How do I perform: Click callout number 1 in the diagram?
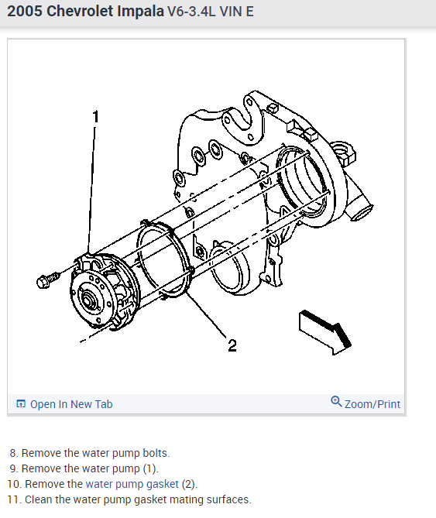coord(96,117)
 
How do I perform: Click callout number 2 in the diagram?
coord(232,345)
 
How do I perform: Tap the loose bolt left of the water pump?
coord(48,280)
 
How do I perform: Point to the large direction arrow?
coord(324,332)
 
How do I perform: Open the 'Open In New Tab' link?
coord(71,404)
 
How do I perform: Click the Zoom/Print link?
coord(372,404)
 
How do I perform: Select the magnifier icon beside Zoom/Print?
coord(336,401)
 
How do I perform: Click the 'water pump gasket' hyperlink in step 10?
coord(132,484)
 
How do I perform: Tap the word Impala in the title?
coord(141,12)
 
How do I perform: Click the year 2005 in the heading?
coord(25,12)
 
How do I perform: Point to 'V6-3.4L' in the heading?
coord(191,12)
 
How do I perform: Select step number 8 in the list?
coord(13,453)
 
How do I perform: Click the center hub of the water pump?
coord(88,300)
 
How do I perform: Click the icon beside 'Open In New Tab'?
coord(21,403)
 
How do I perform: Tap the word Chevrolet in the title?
coord(80,12)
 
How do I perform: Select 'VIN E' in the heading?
coord(236,12)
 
